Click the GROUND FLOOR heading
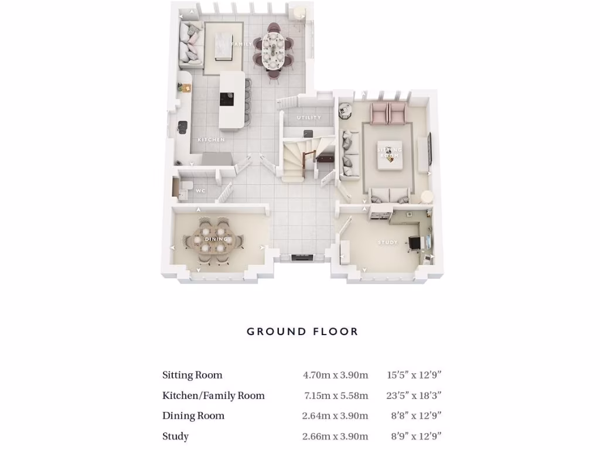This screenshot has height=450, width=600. coord(302,332)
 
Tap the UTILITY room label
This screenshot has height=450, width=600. coord(309,118)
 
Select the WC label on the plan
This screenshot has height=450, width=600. coord(200,191)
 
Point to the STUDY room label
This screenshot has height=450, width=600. coord(387,242)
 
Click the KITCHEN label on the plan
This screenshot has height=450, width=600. coord(211,140)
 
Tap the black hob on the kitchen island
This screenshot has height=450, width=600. coord(226,99)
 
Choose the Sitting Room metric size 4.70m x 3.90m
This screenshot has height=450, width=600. coord(335,375)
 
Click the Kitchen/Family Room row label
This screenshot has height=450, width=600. coord(213,396)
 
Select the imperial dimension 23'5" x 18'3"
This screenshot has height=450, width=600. coord(414,396)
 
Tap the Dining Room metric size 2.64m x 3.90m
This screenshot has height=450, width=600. coord(335,416)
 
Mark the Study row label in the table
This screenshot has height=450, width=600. coord(175,437)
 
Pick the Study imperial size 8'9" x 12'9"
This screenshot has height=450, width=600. coord(416,437)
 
